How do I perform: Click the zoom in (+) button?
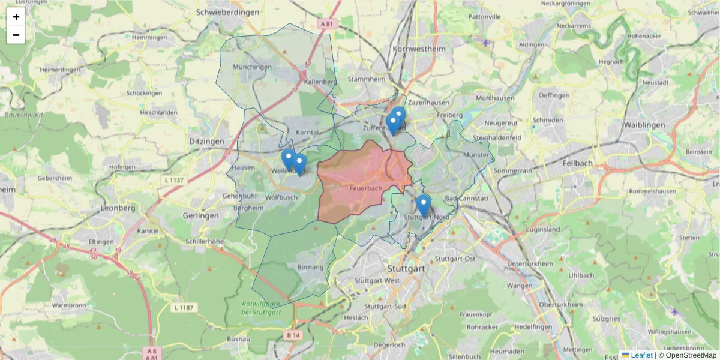16,17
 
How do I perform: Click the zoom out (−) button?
16,35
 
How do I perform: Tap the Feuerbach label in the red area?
366,188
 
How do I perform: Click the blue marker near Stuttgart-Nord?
424,205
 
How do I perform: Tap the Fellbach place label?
578,163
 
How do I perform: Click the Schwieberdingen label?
227,12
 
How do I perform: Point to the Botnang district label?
310,267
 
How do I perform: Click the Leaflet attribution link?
641,355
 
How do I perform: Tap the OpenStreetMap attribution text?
687,355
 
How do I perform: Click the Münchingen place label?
252,67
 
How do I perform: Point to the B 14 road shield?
293,335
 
